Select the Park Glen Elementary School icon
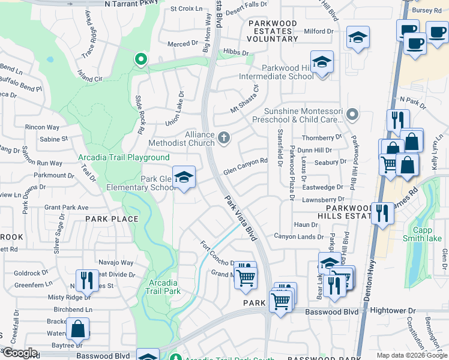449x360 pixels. tap(184, 177)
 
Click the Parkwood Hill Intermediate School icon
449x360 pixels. tap(322, 62)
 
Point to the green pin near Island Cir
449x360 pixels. tap(141, 59)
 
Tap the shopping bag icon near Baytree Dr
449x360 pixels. tap(77, 329)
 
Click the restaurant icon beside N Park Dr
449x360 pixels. tap(397, 121)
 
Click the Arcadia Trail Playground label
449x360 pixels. tap(124, 158)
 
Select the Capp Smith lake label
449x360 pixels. tap(426, 234)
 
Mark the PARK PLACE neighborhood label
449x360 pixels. tap(111, 219)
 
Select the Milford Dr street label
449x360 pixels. tap(318, 31)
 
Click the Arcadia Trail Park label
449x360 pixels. tap(162, 287)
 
